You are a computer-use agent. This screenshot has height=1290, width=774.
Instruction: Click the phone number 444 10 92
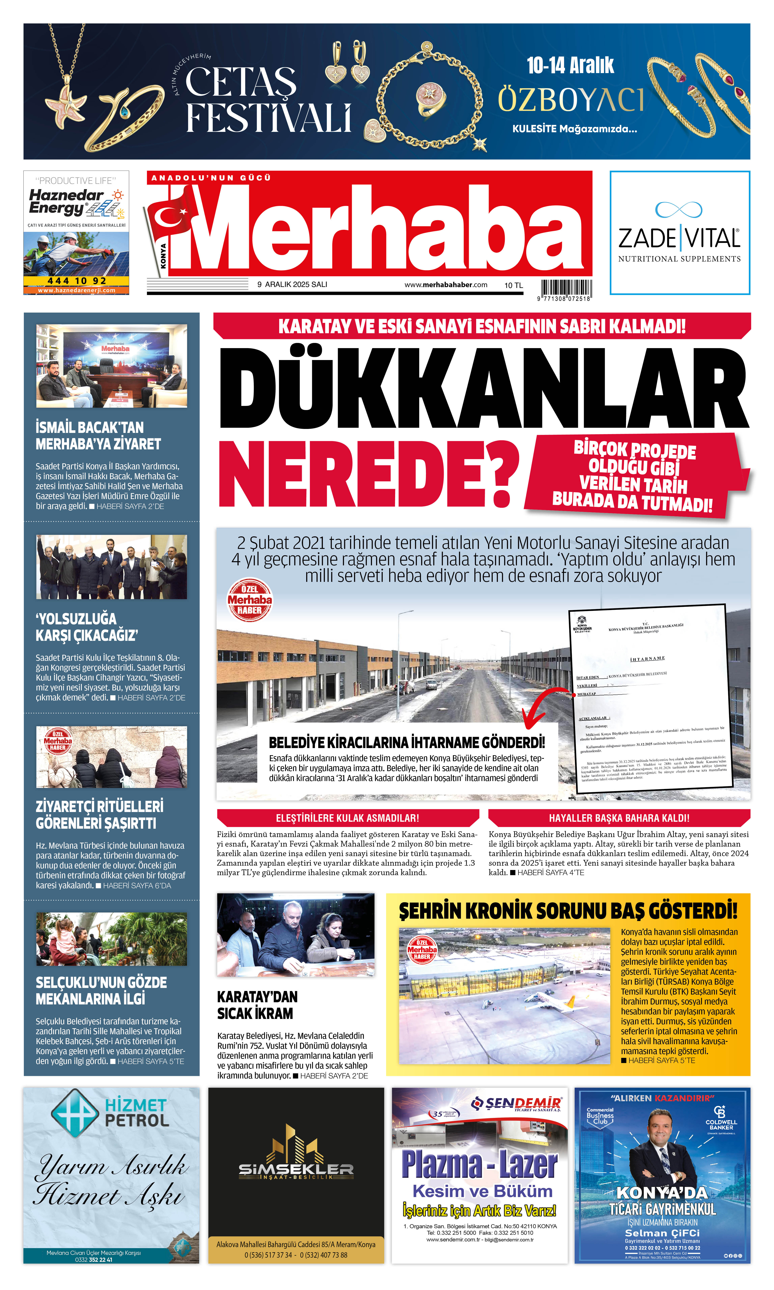[x=77, y=281]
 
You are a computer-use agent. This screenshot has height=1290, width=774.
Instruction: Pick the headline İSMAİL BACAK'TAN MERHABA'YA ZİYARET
[x=98, y=435]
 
